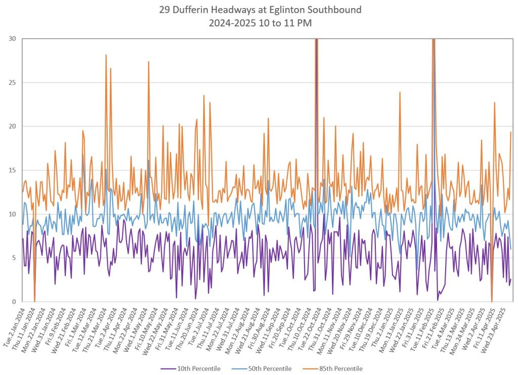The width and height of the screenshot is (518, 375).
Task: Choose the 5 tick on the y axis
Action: [14, 258]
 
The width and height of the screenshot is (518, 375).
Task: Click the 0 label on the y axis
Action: [14, 302]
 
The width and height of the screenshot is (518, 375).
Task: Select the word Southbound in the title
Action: [336, 9]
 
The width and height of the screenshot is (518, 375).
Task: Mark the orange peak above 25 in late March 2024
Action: [106, 55]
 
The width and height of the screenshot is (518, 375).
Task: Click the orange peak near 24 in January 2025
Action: [400, 93]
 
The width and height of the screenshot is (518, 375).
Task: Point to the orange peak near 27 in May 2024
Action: [149, 62]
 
